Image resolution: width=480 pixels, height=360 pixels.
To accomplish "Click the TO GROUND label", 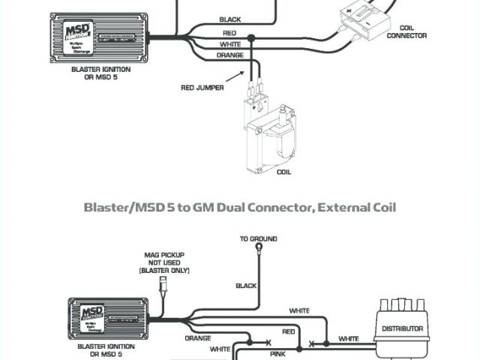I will [x=259, y=238].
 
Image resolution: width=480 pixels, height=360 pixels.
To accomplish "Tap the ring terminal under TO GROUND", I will [x=259, y=247].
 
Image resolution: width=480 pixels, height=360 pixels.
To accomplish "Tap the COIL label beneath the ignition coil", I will [x=284, y=172].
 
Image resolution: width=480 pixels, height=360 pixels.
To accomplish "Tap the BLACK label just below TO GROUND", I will [x=246, y=286].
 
